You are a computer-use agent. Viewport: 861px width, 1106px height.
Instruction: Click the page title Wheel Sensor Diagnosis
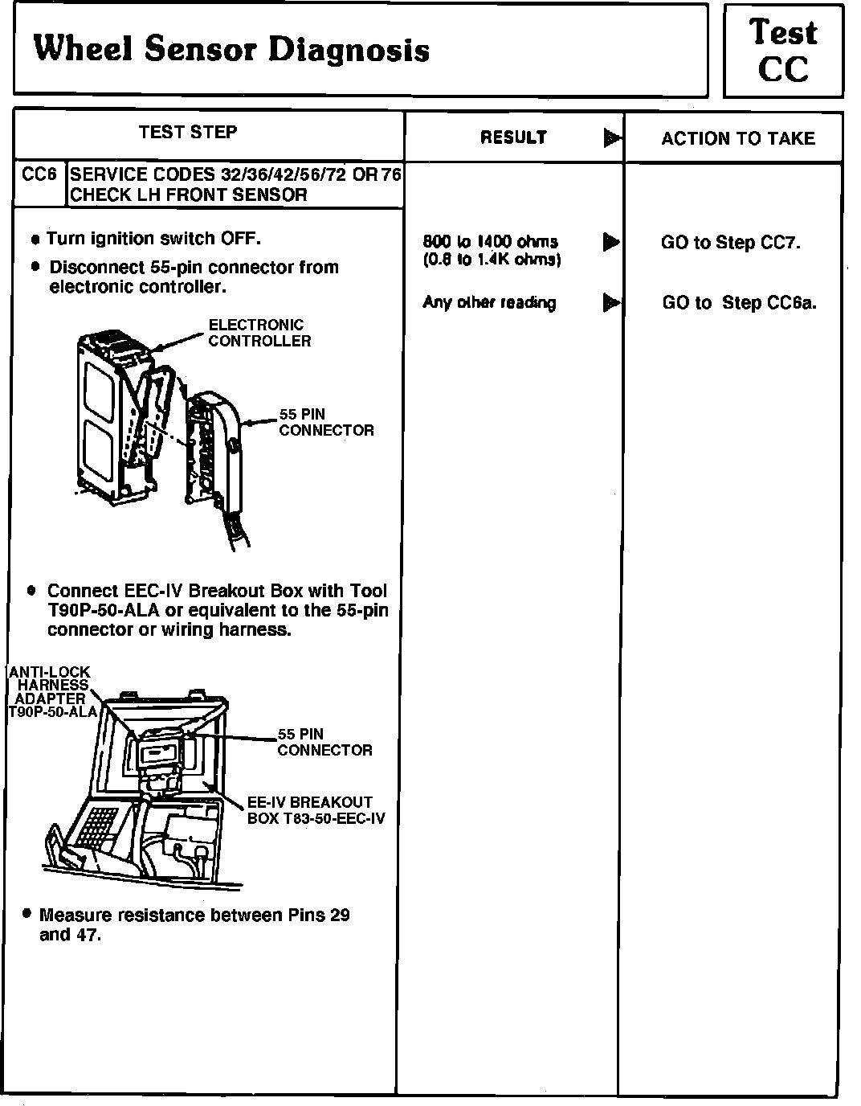point(231,50)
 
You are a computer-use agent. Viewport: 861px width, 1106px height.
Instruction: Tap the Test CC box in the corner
point(783,51)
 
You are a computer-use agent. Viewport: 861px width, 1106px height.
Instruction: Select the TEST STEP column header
point(188,133)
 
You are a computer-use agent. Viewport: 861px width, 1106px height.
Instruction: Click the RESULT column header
point(513,137)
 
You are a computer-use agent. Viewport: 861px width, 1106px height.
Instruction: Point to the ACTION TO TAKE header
point(737,138)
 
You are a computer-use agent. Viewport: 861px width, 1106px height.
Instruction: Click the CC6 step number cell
point(39,174)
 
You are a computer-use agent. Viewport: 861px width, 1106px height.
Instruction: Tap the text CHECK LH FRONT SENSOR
point(189,195)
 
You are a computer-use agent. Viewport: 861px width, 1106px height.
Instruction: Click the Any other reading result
point(489,303)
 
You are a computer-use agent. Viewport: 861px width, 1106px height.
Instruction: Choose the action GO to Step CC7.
point(730,242)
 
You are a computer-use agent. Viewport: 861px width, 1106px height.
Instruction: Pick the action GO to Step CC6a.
point(739,303)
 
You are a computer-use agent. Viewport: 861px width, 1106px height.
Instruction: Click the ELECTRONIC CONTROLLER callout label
point(259,333)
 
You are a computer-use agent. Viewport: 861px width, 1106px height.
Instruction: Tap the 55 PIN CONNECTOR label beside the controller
point(326,422)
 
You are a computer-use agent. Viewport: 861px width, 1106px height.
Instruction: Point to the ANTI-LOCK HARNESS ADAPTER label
point(50,691)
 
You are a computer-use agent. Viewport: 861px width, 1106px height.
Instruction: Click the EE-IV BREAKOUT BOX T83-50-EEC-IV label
point(315,810)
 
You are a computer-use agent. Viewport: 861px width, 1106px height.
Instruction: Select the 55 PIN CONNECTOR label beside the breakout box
point(324,742)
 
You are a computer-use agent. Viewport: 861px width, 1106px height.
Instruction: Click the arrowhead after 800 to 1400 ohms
point(611,241)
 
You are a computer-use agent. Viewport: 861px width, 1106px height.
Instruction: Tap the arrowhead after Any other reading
point(611,303)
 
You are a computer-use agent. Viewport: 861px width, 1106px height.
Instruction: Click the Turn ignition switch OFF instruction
point(153,239)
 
